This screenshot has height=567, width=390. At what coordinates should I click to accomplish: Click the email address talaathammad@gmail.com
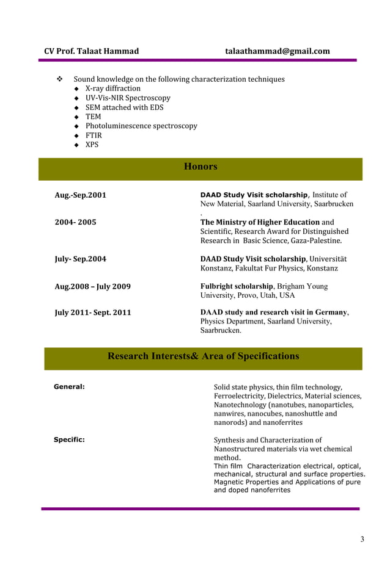pyautogui.click(x=277, y=51)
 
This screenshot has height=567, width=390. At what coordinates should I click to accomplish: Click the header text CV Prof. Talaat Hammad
pyautogui.click(x=91, y=51)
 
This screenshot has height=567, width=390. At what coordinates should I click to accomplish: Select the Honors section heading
pyautogui.click(x=201, y=167)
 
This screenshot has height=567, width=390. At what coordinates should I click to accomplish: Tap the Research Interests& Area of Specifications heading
pyautogui.click(x=203, y=356)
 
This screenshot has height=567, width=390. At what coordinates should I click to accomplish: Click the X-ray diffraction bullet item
pyautogui.click(x=112, y=88)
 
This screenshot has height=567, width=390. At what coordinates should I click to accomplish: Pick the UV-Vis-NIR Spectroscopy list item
pyautogui.click(x=127, y=98)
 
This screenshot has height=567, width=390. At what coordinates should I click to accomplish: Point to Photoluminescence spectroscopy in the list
pyautogui.click(x=141, y=126)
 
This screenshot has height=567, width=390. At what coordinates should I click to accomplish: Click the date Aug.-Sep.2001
pyautogui.click(x=80, y=195)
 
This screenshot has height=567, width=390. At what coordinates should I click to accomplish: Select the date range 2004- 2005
pyautogui.click(x=75, y=222)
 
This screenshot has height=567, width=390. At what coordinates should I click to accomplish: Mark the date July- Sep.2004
pyautogui.click(x=80, y=259)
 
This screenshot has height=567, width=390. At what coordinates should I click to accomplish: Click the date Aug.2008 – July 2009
pyautogui.click(x=92, y=286)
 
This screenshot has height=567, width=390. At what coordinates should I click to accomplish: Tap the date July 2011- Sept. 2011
pyautogui.click(x=93, y=312)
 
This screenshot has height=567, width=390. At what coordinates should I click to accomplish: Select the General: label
pyautogui.click(x=69, y=387)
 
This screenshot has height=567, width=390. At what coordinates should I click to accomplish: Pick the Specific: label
pyautogui.click(x=69, y=439)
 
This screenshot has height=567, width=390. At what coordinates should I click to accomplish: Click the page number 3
pyautogui.click(x=362, y=539)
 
